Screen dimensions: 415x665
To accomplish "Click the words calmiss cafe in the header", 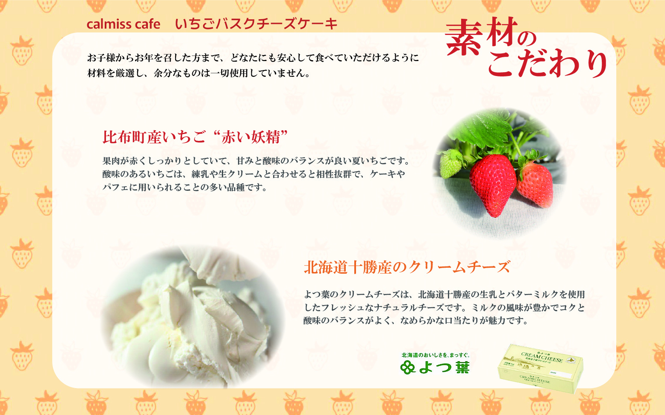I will pyautogui.click(x=123, y=24).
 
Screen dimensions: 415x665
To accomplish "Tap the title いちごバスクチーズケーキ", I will pyautogui.click(x=256, y=24).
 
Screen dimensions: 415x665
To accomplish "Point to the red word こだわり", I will pyautogui.click(x=547, y=64).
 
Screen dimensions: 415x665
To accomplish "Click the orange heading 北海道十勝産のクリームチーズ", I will pyautogui.click(x=407, y=267).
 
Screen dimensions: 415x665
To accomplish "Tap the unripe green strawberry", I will pyautogui.click(x=451, y=165).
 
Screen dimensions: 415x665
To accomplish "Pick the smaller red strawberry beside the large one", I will pyautogui.click(x=535, y=184).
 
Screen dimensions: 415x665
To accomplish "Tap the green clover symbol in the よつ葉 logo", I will pyautogui.click(x=408, y=367).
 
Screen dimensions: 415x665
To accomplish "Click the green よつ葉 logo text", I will pyautogui.click(x=444, y=367).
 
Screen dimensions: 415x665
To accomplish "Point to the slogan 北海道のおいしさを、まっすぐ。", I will pyautogui.click(x=435, y=355).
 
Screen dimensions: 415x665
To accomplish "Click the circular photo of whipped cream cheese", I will pyautogui.click(x=192, y=316).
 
